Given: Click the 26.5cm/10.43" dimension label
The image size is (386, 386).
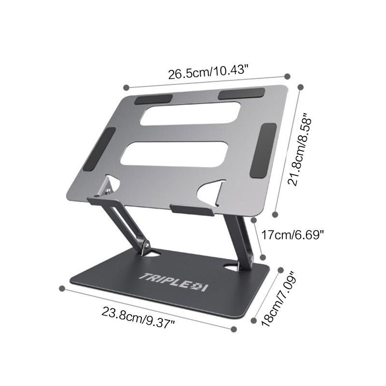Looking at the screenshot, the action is click(x=207, y=71).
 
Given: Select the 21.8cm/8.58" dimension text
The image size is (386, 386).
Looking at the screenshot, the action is click(x=300, y=150).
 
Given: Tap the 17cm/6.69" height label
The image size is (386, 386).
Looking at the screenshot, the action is click(x=292, y=235).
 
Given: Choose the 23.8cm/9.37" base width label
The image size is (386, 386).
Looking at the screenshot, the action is click(x=138, y=317).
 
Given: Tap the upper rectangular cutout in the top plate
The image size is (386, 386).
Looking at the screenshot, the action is click(x=190, y=114).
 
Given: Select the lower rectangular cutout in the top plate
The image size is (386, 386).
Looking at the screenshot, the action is click(x=174, y=154).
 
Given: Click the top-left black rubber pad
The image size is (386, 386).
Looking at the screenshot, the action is click(x=153, y=99).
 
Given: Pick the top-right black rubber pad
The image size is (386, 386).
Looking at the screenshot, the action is click(x=242, y=94).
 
